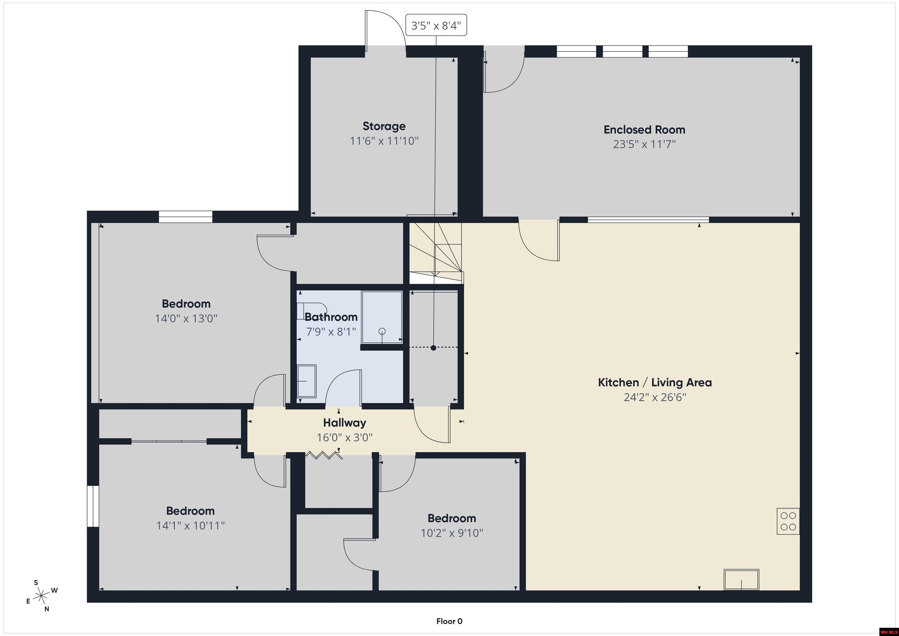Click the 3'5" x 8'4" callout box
pos(436,25)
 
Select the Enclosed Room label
pos(644,130)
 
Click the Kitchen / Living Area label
pos(655,382)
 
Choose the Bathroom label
pos(331,317)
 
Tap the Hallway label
pos(344,423)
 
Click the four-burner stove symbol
pos(788,521)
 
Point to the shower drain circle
pos(382,331)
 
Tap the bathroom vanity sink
pos(307,381)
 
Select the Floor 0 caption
pos(449,621)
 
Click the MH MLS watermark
pos(888,632)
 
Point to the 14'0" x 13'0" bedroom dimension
pos(186,318)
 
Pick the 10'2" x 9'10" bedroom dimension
pos(452,533)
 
